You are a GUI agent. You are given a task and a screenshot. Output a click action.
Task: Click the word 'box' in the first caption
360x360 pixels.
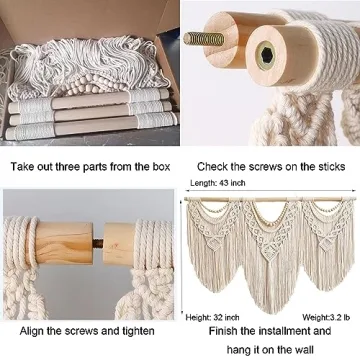(158, 165)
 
